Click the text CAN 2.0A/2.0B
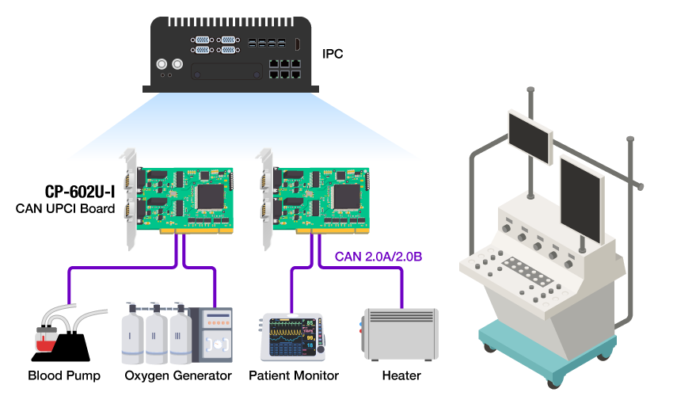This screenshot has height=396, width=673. pyautogui.click(x=378, y=257)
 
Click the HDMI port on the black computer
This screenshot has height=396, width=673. pyautogui.click(x=297, y=44)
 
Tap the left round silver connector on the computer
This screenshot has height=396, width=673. pyautogui.click(x=162, y=64)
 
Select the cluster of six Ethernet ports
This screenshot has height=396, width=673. pyautogui.click(x=284, y=68)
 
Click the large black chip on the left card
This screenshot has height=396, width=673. pyautogui.click(x=211, y=196)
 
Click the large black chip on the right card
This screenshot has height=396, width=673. pyautogui.click(x=346, y=196)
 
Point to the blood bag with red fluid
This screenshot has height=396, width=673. pyautogui.click(x=47, y=339)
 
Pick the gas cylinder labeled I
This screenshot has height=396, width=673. pyautogui.click(x=131, y=336)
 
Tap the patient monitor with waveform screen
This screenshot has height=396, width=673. pyautogui.click(x=291, y=337)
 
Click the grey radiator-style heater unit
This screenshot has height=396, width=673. pyautogui.click(x=400, y=333)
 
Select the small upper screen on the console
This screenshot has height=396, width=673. pyautogui.click(x=530, y=135)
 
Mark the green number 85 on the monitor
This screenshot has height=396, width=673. pyautogui.click(x=310, y=323)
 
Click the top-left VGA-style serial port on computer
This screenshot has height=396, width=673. pyautogui.click(x=202, y=39)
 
